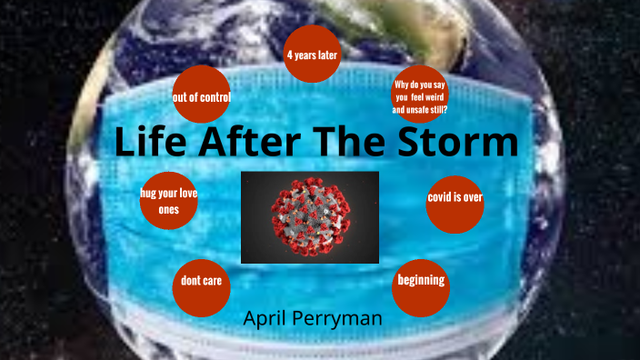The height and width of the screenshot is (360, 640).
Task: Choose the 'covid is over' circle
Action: click(455, 197)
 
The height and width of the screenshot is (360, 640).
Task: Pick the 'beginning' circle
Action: click(421, 281)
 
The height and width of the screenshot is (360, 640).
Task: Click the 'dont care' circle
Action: click(201, 282)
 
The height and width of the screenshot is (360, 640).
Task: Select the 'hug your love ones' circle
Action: click(169, 201)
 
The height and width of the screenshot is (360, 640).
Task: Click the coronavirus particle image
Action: click(309, 215)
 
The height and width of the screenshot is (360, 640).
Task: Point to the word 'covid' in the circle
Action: click(441, 197)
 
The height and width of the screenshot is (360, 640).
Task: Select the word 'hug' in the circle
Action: click(149, 194)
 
